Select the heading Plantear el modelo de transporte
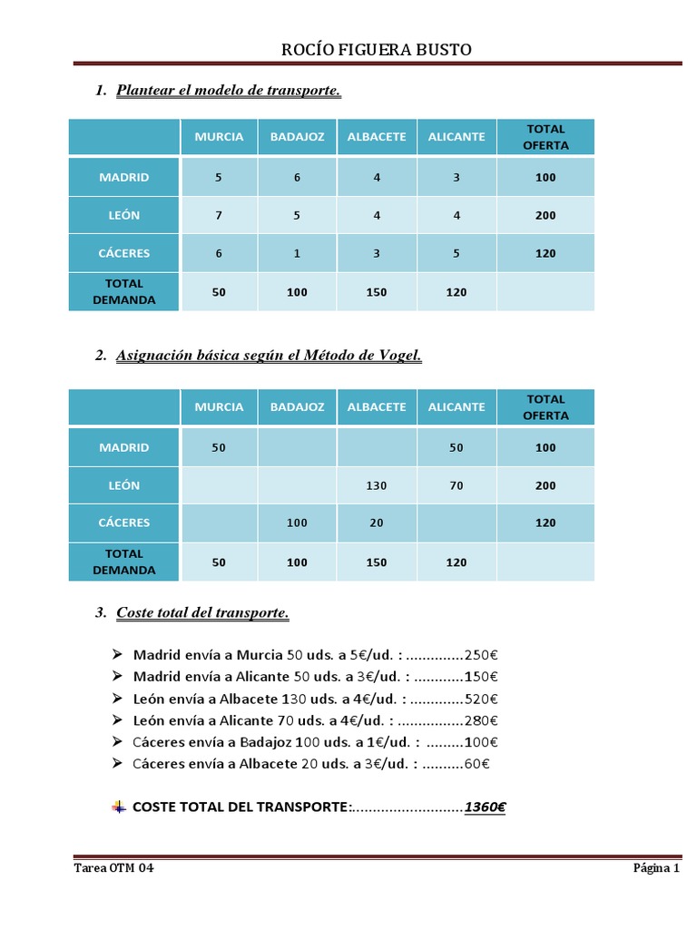(229, 91)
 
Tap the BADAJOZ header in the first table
(297, 137)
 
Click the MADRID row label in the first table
(124, 177)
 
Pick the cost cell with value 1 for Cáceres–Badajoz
(297, 254)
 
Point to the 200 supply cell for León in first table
(545, 216)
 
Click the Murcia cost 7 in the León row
(219, 216)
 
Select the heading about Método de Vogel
(269, 356)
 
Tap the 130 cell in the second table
(377, 486)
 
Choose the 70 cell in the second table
(456, 486)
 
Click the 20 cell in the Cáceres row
(377, 523)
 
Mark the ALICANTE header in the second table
(456, 407)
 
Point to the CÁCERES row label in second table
(124, 523)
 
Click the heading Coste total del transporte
(202, 613)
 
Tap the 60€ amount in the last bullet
(479, 764)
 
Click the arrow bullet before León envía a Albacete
(117, 699)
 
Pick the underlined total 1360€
(485, 807)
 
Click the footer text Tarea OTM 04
(113, 868)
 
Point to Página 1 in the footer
(656, 868)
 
